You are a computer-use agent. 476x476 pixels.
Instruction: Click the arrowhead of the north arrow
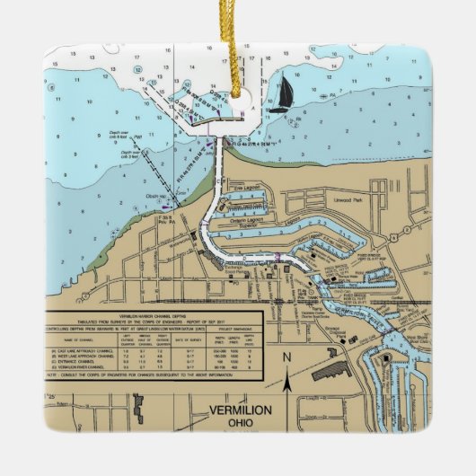coord(286,371)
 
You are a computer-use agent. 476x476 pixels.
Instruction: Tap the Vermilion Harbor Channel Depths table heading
coord(152,319)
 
